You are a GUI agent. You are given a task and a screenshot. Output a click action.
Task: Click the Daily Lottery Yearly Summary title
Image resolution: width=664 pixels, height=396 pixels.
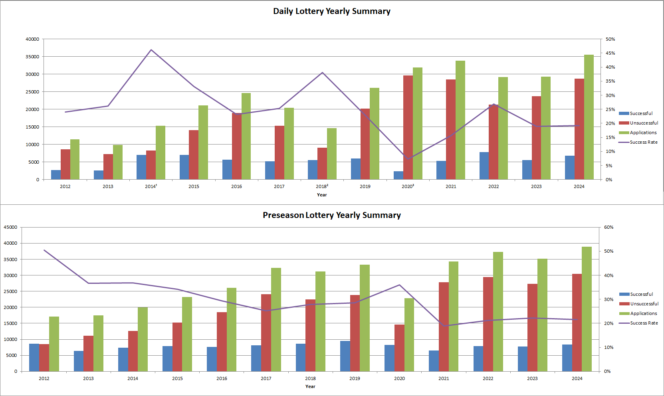pos(331,11)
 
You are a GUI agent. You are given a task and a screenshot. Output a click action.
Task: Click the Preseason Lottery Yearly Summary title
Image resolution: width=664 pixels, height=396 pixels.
pos(331,215)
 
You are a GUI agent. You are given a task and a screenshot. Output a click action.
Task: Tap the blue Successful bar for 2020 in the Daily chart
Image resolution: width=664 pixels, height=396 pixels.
pos(398,175)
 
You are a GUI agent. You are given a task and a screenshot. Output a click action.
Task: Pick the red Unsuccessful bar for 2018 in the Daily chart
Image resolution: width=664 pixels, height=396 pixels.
pos(322,164)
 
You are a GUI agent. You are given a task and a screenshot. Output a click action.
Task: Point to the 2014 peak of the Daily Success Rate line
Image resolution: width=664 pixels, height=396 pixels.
pos(151,50)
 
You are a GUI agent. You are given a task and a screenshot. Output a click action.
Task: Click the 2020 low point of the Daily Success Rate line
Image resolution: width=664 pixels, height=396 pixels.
pos(408,159)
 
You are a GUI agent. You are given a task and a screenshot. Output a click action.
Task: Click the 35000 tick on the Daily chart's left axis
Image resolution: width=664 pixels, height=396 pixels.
pos(32,57)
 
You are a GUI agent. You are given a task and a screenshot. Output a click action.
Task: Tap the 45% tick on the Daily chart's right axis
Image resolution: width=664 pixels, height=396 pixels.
pos(610,53)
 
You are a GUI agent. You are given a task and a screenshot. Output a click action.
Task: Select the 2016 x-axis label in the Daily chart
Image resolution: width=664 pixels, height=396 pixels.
pos(236,186)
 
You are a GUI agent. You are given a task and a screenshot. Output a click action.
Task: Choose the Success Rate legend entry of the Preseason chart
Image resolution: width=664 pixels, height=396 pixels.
pos(644,323)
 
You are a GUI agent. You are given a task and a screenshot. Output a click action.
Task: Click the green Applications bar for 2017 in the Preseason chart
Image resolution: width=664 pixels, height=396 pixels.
pos(276,319)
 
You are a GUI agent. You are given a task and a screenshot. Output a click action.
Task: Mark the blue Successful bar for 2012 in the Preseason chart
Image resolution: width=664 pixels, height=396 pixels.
pos(34,357)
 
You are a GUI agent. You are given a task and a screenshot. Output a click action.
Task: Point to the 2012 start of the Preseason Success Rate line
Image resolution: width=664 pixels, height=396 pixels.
pos(44,250)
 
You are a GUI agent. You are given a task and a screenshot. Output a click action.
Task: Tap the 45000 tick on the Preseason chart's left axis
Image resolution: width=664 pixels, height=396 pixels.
pos(10,227)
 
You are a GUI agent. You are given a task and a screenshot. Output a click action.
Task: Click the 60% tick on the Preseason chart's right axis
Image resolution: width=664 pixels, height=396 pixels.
pos(609,227)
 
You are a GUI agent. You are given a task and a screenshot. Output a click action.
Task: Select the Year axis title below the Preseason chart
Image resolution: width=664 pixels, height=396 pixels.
pos(310,386)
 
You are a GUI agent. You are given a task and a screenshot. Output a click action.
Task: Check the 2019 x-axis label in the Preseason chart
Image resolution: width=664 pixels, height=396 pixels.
pos(355,378)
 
